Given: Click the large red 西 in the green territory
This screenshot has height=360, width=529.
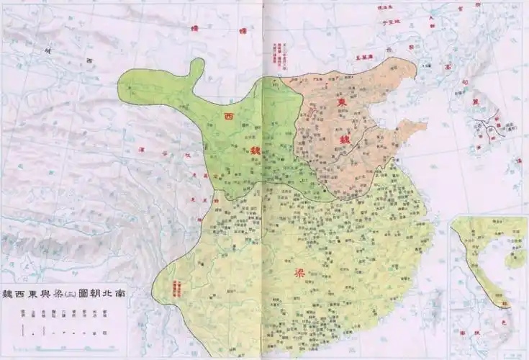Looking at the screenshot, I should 229,117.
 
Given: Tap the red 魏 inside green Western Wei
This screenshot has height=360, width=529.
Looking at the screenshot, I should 255,151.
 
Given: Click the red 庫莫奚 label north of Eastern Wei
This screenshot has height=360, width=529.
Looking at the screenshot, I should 365,56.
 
